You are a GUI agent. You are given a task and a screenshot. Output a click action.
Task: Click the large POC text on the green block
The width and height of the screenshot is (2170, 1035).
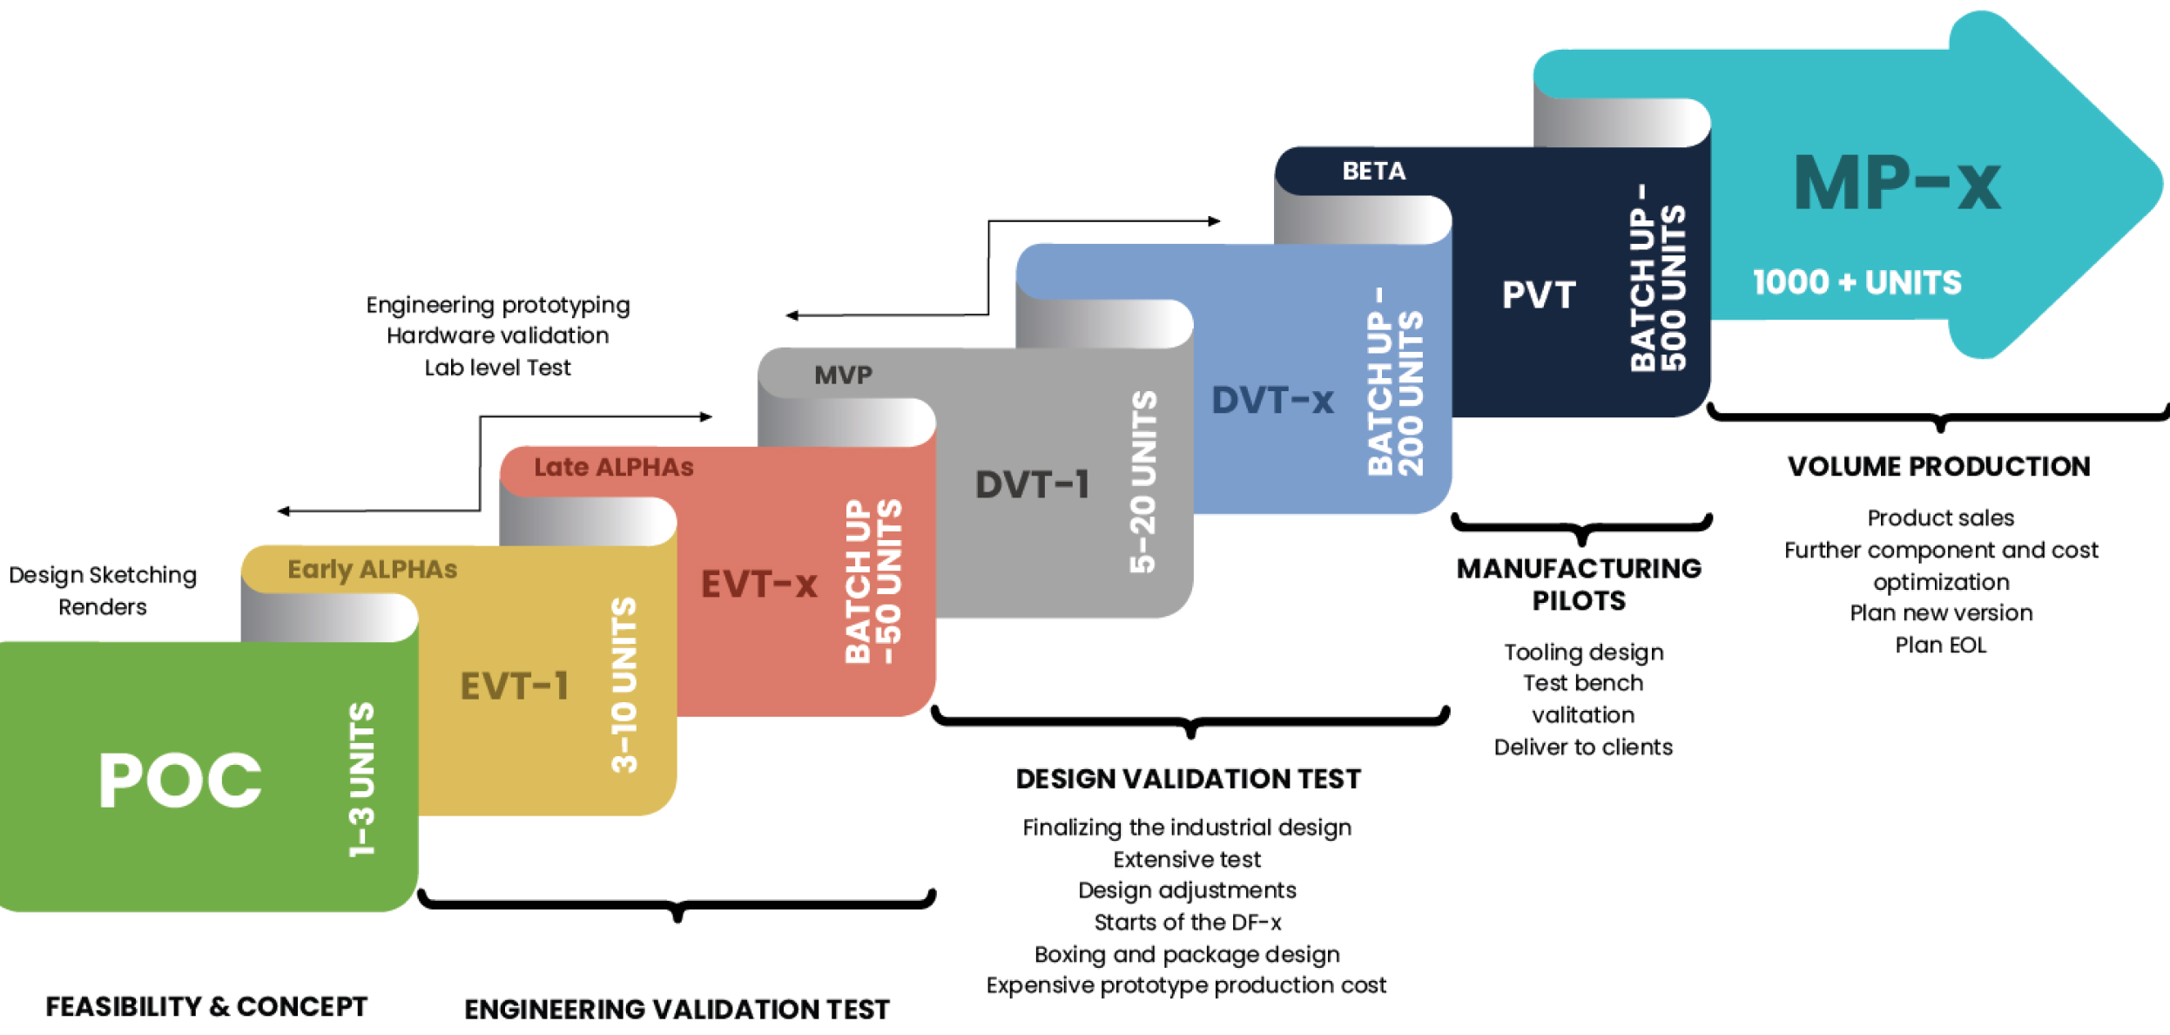pos(180,780)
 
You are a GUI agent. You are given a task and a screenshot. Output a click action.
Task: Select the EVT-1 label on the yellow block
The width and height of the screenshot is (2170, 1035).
pos(514,686)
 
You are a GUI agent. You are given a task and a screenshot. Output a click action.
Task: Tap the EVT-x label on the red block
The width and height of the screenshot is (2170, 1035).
pos(758,584)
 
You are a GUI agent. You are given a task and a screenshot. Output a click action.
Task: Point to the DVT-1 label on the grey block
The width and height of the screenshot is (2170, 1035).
pos(1032,484)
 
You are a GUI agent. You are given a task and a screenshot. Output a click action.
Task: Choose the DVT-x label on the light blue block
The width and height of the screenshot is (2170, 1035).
pos(1272,400)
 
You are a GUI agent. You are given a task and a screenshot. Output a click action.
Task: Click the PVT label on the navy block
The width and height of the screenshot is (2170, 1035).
pos(1539,294)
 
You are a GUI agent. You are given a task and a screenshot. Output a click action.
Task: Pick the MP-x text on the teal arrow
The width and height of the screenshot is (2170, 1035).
pos(1897,183)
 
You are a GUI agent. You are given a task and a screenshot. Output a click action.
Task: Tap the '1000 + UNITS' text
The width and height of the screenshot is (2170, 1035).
pos(1857,282)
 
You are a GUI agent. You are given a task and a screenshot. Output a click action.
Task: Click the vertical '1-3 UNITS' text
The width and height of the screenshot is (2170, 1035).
pos(361,779)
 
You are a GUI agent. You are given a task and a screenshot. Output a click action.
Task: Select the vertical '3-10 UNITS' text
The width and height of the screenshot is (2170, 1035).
pos(624,685)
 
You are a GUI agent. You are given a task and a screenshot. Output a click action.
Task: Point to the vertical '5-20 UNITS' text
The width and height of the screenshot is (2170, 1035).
pos(1142,482)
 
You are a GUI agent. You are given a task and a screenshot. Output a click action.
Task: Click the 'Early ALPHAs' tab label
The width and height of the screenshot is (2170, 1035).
pos(372,569)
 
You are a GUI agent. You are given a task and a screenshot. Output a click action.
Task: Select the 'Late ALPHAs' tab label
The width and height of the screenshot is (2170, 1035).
pos(613,467)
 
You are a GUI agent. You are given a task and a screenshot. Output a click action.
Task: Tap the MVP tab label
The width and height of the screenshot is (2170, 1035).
pos(842,375)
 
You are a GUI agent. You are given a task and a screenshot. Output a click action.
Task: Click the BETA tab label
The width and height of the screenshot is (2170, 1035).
pos(1373,171)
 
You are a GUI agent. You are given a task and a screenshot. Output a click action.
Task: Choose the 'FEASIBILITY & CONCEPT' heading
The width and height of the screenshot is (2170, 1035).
pos(206,1006)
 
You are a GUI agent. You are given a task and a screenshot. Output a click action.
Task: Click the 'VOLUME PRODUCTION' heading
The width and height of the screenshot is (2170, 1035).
pos(1938,466)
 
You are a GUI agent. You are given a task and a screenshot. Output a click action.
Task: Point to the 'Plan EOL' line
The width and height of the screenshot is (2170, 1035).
pos(1940,645)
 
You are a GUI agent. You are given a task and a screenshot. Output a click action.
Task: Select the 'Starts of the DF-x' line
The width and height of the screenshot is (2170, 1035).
pos(1187,922)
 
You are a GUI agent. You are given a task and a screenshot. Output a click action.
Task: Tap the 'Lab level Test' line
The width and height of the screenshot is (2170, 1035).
pos(497,368)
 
